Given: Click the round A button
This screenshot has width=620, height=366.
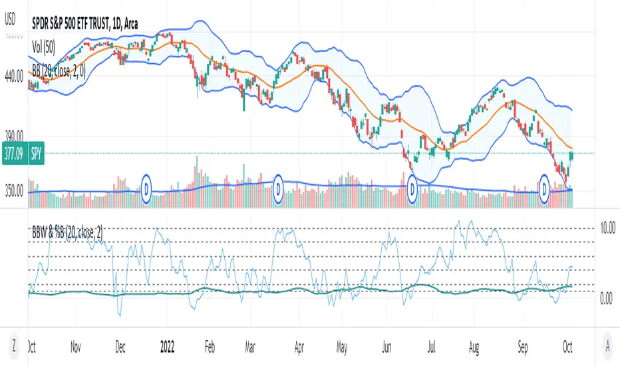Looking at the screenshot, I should tap(607, 345).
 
